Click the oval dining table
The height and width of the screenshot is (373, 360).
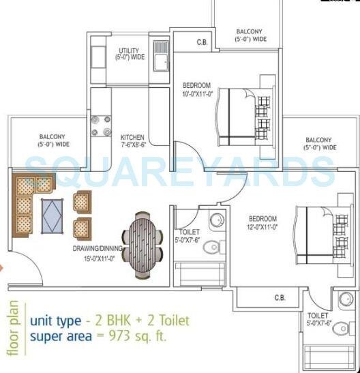point(143,236)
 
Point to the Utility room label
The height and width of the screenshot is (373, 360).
point(130,54)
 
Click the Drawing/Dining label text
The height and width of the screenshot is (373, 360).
point(97,253)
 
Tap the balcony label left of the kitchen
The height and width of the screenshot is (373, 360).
point(53,140)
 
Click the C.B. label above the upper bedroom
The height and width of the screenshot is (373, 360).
point(202,42)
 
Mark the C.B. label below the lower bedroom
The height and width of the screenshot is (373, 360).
point(280,297)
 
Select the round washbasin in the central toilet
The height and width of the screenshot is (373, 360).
point(215,220)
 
